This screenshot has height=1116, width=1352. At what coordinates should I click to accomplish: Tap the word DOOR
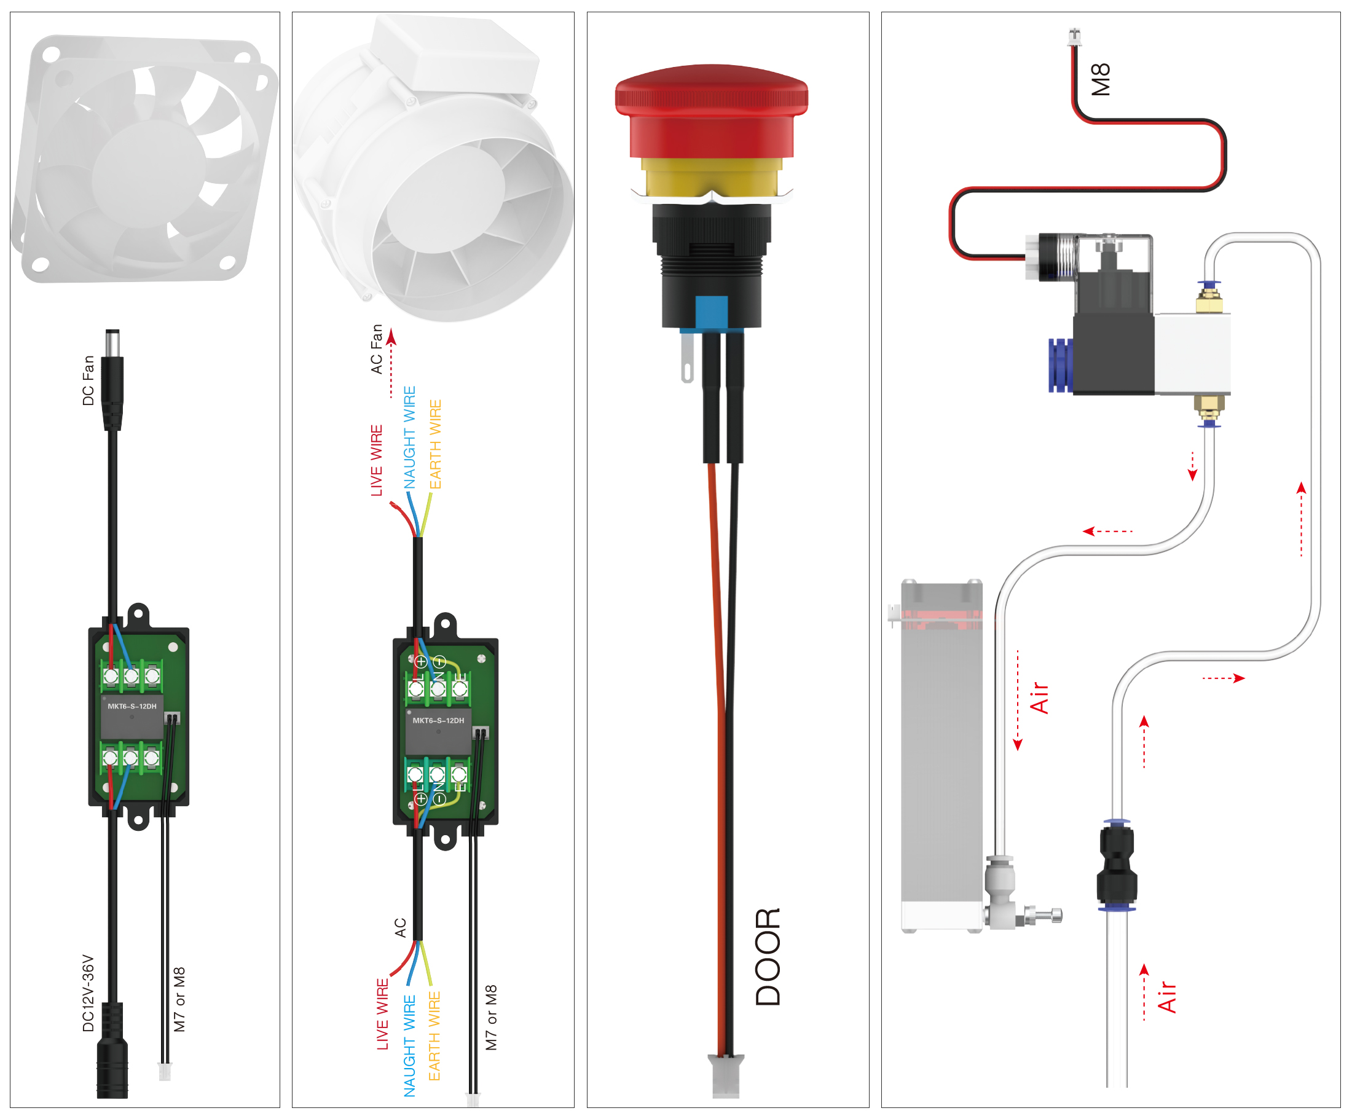(768, 957)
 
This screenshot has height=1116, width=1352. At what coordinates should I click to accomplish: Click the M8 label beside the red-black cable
(1101, 80)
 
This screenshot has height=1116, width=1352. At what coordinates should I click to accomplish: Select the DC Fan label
(88, 380)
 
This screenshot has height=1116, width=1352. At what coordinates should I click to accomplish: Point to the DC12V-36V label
(88, 993)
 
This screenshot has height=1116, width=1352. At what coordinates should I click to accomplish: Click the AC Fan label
(377, 349)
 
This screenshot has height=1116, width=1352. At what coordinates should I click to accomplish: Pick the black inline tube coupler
(1117, 865)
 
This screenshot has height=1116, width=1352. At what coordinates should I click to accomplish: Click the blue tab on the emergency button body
(711, 312)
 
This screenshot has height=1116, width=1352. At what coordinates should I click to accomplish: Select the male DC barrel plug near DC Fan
(112, 379)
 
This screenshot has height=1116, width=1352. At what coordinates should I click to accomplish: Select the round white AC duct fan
(437, 186)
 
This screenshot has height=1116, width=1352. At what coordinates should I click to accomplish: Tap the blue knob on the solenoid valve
(1060, 365)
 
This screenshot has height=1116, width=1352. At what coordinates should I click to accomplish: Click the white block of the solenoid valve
(1193, 353)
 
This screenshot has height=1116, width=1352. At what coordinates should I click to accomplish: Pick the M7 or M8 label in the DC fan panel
(179, 1000)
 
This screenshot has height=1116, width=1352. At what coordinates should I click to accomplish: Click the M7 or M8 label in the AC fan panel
(491, 1018)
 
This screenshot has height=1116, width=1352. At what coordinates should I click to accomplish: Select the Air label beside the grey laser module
(1039, 698)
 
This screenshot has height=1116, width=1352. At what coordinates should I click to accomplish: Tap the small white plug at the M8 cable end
(1074, 37)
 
